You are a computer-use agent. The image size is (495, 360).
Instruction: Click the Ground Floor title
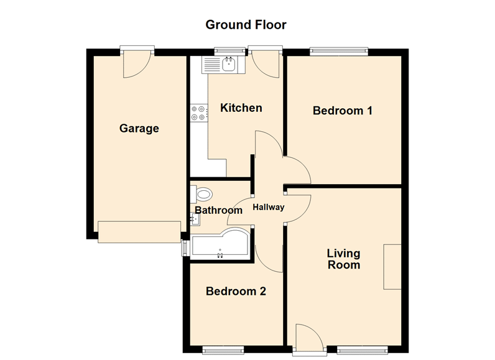tap(246, 25)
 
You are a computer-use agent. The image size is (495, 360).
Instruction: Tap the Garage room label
tap(139, 129)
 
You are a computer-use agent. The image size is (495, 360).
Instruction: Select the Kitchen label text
tap(241, 108)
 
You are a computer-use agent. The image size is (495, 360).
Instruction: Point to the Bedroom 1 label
tap(343, 111)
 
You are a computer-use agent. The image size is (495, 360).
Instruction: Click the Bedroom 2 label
tap(236, 291)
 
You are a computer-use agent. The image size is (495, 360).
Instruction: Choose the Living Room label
tap(344, 259)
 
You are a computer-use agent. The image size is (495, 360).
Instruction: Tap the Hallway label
tap(269, 207)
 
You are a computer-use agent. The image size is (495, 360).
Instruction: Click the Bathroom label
tap(218, 210)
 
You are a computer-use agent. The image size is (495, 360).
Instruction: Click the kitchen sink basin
tap(229, 65)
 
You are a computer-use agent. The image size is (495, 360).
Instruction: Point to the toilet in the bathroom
tap(201, 194)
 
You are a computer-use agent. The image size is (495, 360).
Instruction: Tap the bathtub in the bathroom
tap(220, 244)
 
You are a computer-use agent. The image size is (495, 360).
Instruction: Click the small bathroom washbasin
tap(195, 219)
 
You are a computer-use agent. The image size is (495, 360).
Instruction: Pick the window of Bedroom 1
tap(339, 51)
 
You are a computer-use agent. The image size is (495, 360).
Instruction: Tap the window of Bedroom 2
tap(223, 350)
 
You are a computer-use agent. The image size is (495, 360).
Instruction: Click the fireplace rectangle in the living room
tap(392, 267)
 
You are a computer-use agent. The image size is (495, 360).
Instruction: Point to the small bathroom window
tap(184, 248)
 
